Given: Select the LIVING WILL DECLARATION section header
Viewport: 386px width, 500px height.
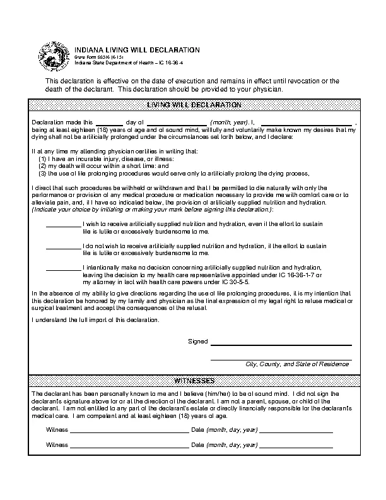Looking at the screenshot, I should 194,104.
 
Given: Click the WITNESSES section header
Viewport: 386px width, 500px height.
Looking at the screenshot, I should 194,381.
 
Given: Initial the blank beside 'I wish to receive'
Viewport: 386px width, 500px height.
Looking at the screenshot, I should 64,225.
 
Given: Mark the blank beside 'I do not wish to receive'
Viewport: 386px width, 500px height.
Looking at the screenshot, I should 64,246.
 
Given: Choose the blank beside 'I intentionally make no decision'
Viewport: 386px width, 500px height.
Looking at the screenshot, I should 64,268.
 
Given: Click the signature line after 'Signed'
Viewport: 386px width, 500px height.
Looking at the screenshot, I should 281,344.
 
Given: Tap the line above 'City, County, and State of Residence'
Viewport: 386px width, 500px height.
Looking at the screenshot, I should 281,359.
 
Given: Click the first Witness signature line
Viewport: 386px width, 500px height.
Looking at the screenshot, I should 129,431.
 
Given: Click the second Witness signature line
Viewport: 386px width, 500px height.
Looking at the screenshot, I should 129,446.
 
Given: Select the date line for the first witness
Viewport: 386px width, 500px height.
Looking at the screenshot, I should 296,431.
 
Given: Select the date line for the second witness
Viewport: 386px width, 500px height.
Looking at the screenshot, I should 296,446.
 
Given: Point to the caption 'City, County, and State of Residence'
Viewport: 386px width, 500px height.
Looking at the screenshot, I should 297,364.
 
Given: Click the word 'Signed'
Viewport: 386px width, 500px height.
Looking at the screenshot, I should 198,342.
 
